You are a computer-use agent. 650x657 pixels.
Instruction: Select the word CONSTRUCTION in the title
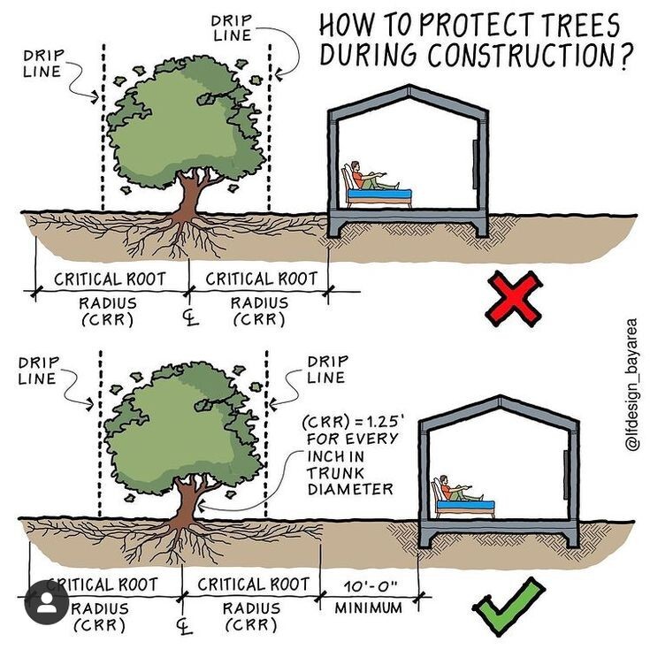coord(518,55)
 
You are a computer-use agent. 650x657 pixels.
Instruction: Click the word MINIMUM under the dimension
coord(368,607)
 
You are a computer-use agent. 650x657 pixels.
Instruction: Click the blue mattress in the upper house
coord(380,193)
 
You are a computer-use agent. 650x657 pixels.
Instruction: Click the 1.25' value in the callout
coord(375,423)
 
